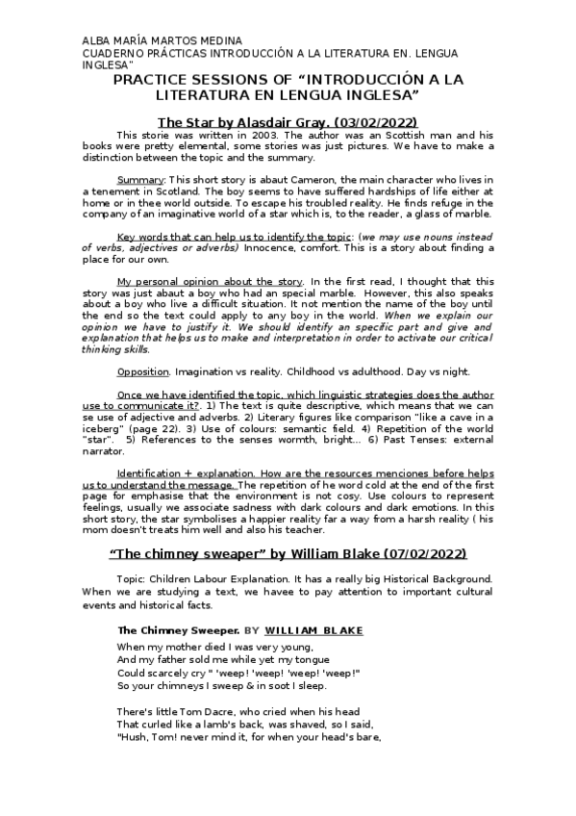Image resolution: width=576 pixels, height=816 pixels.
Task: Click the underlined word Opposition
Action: tap(142, 370)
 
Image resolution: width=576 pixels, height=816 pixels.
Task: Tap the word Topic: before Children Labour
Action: tap(133, 578)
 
